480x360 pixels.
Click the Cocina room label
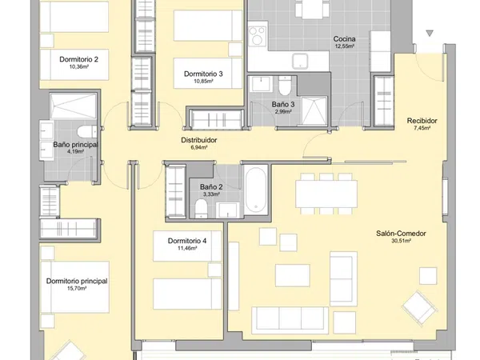coord(344,39)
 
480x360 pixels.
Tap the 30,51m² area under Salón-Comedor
coord(401,241)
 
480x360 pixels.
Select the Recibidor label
coord(422,121)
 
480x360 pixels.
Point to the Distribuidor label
coord(199,140)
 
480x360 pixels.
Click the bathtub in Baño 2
coord(256,190)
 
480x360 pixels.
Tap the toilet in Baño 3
coord(285,86)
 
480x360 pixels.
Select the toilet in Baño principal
coord(86,132)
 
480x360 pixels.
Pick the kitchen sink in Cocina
coord(300,61)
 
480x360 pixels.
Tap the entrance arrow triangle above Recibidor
coord(430,33)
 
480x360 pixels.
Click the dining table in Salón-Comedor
coord(326,194)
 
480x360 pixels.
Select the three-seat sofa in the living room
coord(290,320)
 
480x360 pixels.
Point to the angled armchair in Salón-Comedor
coord(419,308)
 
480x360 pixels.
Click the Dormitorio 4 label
coord(187,241)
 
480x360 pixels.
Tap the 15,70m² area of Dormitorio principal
coord(77,288)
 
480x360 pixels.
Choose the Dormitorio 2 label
coord(79,59)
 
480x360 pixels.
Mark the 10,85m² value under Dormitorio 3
coord(203,81)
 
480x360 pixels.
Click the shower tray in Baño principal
coord(73,106)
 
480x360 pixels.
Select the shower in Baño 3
coord(314,111)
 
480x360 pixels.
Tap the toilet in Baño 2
coord(201,208)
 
